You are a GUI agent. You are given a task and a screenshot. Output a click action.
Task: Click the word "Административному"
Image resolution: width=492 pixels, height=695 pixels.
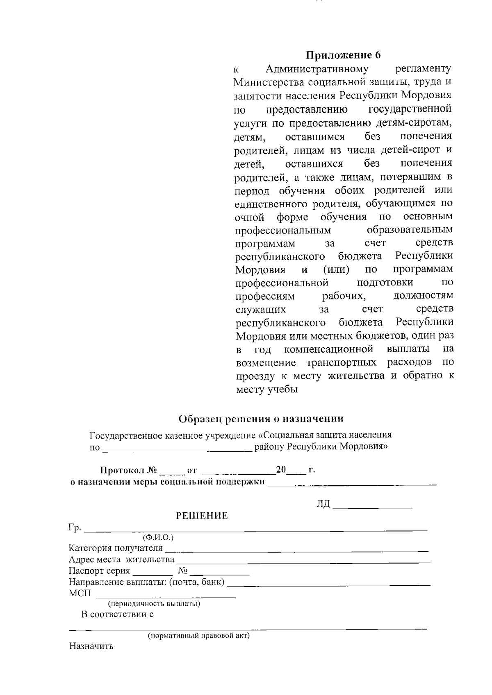pos(317,68)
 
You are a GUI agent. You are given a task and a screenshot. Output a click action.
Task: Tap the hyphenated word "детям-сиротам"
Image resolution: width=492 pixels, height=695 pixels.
pos(413,122)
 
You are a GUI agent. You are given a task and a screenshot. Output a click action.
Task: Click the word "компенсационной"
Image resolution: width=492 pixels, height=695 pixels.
pos(328,349)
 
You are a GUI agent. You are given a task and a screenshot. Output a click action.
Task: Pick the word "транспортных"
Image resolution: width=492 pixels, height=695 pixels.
pos(341,363)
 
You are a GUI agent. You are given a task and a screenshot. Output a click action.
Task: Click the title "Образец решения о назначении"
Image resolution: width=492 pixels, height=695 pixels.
pos(261,419)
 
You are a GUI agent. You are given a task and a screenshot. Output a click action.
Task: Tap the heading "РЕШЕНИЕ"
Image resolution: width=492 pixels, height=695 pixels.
pos(202,516)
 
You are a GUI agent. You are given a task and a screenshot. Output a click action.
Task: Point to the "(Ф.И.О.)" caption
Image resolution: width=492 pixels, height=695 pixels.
pos(158,537)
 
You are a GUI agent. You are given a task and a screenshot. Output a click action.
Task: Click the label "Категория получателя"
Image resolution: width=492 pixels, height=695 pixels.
pos(116,548)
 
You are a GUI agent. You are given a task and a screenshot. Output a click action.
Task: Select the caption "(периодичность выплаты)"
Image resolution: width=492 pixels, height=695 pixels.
pos(154,604)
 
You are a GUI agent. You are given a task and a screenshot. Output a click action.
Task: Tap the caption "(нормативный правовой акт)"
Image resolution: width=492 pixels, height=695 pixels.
pos(198,636)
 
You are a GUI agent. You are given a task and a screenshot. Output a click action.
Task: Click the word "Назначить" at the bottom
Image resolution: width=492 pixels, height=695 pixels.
pos(91,647)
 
